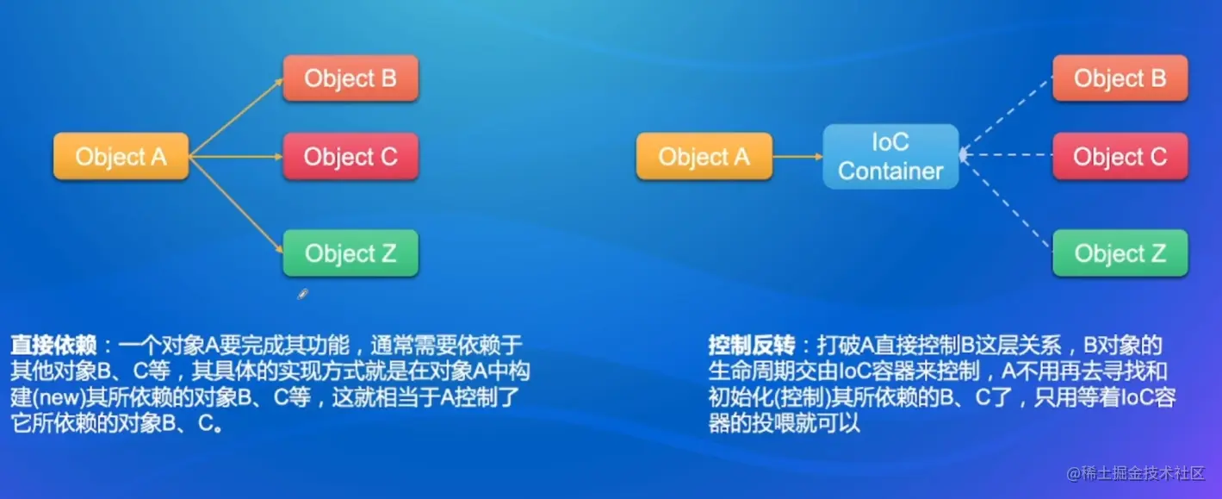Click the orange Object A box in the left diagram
click(121, 157)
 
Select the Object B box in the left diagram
click(350, 79)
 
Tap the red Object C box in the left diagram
click(350, 157)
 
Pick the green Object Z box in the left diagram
click(350, 253)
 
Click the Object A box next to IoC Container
click(704, 157)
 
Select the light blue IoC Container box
click(890, 157)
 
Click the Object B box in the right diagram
click(1120, 79)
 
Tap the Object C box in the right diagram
click(1120, 157)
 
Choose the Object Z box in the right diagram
click(1120, 253)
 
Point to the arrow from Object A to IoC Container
click(797, 157)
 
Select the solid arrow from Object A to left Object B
click(237, 117)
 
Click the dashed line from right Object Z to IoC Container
click(1006, 203)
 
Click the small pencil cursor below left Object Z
click(302, 294)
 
